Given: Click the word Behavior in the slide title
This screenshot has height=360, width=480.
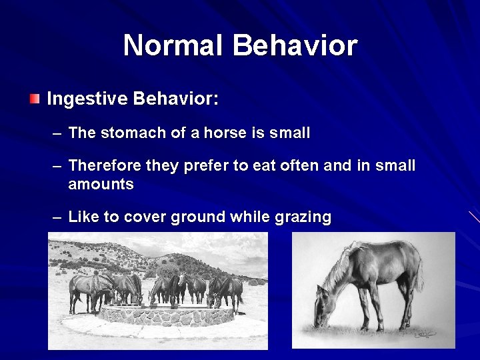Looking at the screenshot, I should click(x=295, y=45).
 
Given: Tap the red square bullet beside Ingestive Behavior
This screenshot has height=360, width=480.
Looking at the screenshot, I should click(x=35, y=99).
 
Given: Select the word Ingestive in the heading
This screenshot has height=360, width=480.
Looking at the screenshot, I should click(x=87, y=99).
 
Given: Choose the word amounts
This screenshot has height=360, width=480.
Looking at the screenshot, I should click(x=101, y=184).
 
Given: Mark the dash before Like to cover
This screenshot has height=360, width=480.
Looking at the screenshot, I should click(x=57, y=217).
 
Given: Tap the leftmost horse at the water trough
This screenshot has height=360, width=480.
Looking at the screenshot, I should click(x=83, y=290).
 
